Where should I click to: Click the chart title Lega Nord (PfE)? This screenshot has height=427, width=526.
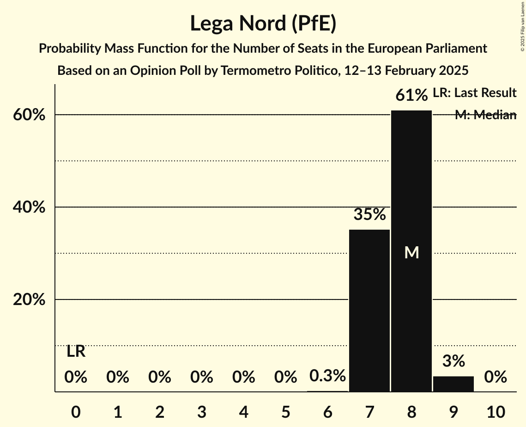(x=263, y=23)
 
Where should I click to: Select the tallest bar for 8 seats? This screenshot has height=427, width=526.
(x=411, y=208)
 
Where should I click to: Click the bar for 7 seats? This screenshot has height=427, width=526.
(x=369, y=310)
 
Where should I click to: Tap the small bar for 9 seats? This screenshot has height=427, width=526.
(x=453, y=384)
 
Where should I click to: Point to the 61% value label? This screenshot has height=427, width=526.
(x=411, y=96)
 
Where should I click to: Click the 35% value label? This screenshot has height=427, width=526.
(x=369, y=214)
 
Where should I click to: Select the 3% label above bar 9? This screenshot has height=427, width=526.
(x=453, y=361)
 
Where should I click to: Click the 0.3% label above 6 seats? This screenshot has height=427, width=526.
(x=327, y=376)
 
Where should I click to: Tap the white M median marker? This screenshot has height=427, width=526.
(x=411, y=252)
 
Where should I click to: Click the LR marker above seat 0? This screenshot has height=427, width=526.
(x=76, y=352)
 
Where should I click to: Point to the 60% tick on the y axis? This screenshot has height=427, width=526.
(x=29, y=115)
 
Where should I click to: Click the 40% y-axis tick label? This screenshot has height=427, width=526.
(x=29, y=207)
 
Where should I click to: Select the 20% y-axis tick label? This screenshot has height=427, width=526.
(x=29, y=300)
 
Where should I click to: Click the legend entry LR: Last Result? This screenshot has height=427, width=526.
(x=474, y=93)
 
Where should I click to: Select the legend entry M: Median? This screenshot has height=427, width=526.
(x=485, y=115)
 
